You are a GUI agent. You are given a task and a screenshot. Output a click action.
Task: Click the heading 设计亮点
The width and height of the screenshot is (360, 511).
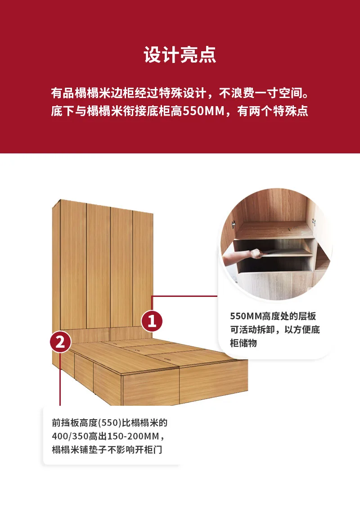pos(180,54)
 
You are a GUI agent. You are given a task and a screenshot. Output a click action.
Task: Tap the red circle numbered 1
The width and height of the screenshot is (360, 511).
pos(152,321)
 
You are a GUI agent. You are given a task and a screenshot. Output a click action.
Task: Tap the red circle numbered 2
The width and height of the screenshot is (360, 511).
pos(60,342)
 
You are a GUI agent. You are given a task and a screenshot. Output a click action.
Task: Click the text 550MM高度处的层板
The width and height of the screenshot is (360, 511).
pos(273,316)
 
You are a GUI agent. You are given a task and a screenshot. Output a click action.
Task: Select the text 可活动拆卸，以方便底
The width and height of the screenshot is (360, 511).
pos(275,329)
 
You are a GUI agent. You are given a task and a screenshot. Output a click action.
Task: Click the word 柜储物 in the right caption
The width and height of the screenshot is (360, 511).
pos(243,343)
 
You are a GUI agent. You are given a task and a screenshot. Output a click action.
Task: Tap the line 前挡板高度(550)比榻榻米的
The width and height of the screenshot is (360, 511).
pos(109,423)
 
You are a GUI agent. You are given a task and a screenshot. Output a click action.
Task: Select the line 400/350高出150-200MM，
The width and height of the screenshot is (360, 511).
pos(108,436)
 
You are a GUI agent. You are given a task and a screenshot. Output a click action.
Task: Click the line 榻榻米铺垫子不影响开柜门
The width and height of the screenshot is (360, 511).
pos(107,449)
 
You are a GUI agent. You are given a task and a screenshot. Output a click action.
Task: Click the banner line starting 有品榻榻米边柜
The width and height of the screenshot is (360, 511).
pos(180,93)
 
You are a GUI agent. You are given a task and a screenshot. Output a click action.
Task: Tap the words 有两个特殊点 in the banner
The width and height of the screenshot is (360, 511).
pos(273,111)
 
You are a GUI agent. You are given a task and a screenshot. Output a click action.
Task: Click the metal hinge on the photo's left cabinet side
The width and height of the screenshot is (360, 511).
pos(234,224)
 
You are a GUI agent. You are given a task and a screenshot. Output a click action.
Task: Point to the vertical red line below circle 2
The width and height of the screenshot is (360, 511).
pos(60,379)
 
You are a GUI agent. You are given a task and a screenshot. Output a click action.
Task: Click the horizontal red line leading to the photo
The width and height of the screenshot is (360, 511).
pos(184,296)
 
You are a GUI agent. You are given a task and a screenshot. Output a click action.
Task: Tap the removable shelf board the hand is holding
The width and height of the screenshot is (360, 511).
pos(283,252)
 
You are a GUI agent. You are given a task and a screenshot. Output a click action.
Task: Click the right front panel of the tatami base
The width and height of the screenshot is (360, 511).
pos(214,382)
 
